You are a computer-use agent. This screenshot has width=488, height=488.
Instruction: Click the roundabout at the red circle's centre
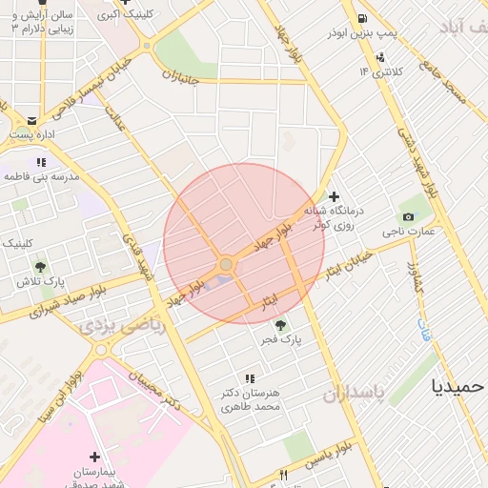point(226,264)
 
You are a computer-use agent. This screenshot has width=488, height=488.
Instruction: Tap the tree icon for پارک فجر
point(279,325)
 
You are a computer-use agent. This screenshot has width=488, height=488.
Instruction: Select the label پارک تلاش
point(39,281)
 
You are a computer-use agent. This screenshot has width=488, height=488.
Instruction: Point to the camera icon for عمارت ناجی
point(409,216)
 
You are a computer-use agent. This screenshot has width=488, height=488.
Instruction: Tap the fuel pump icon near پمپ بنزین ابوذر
point(362,18)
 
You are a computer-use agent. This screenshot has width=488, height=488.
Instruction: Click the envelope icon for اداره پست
point(32,121)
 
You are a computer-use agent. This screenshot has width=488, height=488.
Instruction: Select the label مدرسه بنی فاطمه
point(39,176)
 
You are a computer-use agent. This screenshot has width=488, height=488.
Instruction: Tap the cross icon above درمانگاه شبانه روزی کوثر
point(334,196)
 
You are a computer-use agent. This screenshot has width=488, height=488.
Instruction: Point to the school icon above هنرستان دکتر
point(250,378)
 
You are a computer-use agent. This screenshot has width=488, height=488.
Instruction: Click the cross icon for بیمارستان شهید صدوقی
point(93,457)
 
